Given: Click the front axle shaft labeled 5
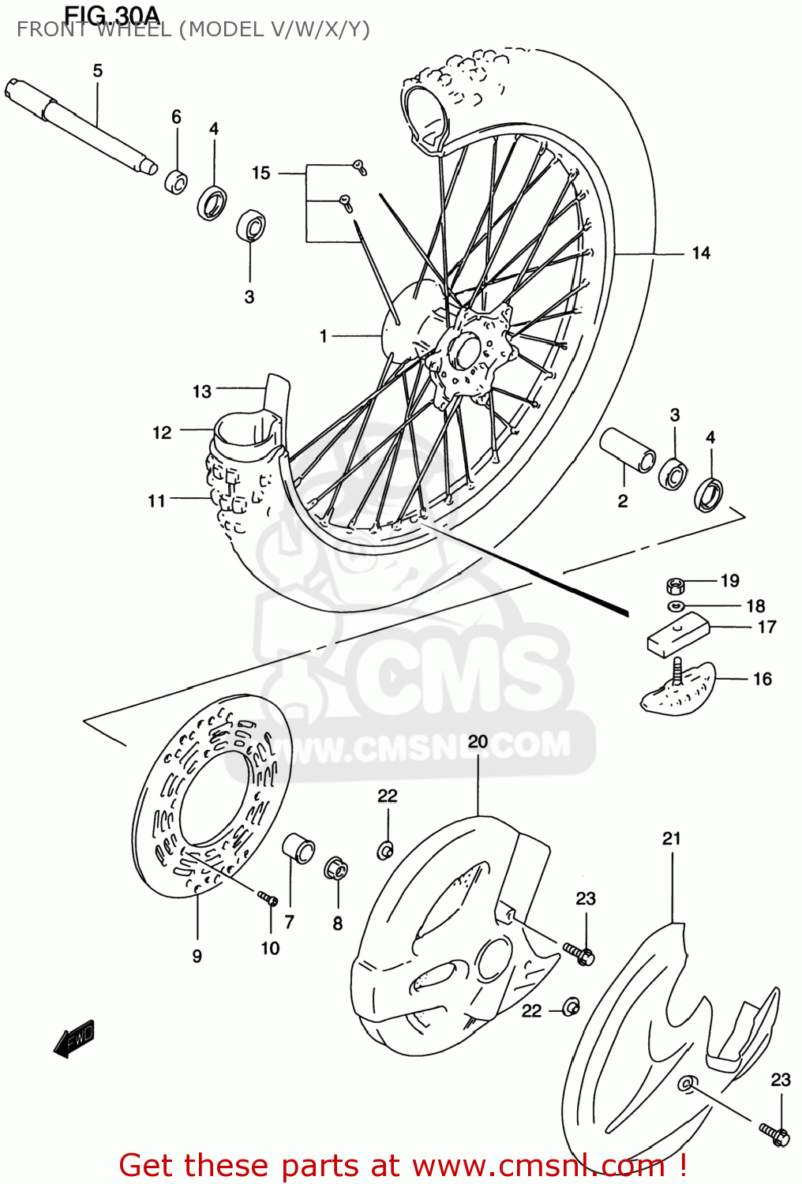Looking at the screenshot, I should click(x=79, y=123).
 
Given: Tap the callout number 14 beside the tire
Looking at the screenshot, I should click(x=701, y=253).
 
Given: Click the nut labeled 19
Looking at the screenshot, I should click(x=675, y=586).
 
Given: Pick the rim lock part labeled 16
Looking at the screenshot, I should click(x=677, y=688).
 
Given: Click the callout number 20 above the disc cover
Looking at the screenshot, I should click(x=478, y=742).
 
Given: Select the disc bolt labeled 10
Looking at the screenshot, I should click(x=268, y=897).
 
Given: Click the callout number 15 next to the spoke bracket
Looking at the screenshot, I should click(x=261, y=173).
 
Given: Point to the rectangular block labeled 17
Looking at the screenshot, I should click(x=677, y=633).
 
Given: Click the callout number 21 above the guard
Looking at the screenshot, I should click(x=672, y=838).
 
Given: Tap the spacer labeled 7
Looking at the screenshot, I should click(x=298, y=848).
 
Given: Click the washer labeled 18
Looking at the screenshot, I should click(x=676, y=606).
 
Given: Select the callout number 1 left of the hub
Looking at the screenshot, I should click(x=324, y=336).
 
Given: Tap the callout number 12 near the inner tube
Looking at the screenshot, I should click(x=162, y=433).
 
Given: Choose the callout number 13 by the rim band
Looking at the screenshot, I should click(x=202, y=391).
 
